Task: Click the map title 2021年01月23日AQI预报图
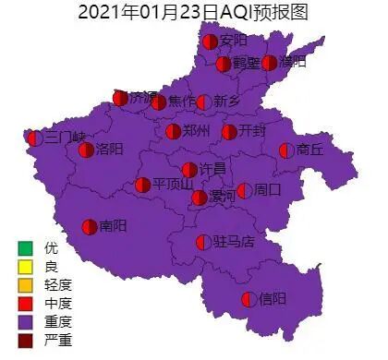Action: tap(192, 12)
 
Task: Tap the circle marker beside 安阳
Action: tap(211, 42)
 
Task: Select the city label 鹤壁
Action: tap(244, 64)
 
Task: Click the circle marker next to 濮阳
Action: tap(269, 63)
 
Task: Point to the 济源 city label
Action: tap(141, 97)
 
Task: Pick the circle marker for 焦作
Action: tap(159, 102)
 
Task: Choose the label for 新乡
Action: tap(226, 102)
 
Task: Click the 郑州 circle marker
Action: tap(173, 131)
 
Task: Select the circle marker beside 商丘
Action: tap(287, 150)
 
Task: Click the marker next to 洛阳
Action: tap(86, 150)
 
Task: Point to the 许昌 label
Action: tap(212, 169)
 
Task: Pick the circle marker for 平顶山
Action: tap(143, 185)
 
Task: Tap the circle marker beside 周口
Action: tap(244, 191)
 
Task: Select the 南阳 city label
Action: tap(113, 225)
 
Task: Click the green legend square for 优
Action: tap(25, 247)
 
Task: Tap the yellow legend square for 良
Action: tap(25, 266)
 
